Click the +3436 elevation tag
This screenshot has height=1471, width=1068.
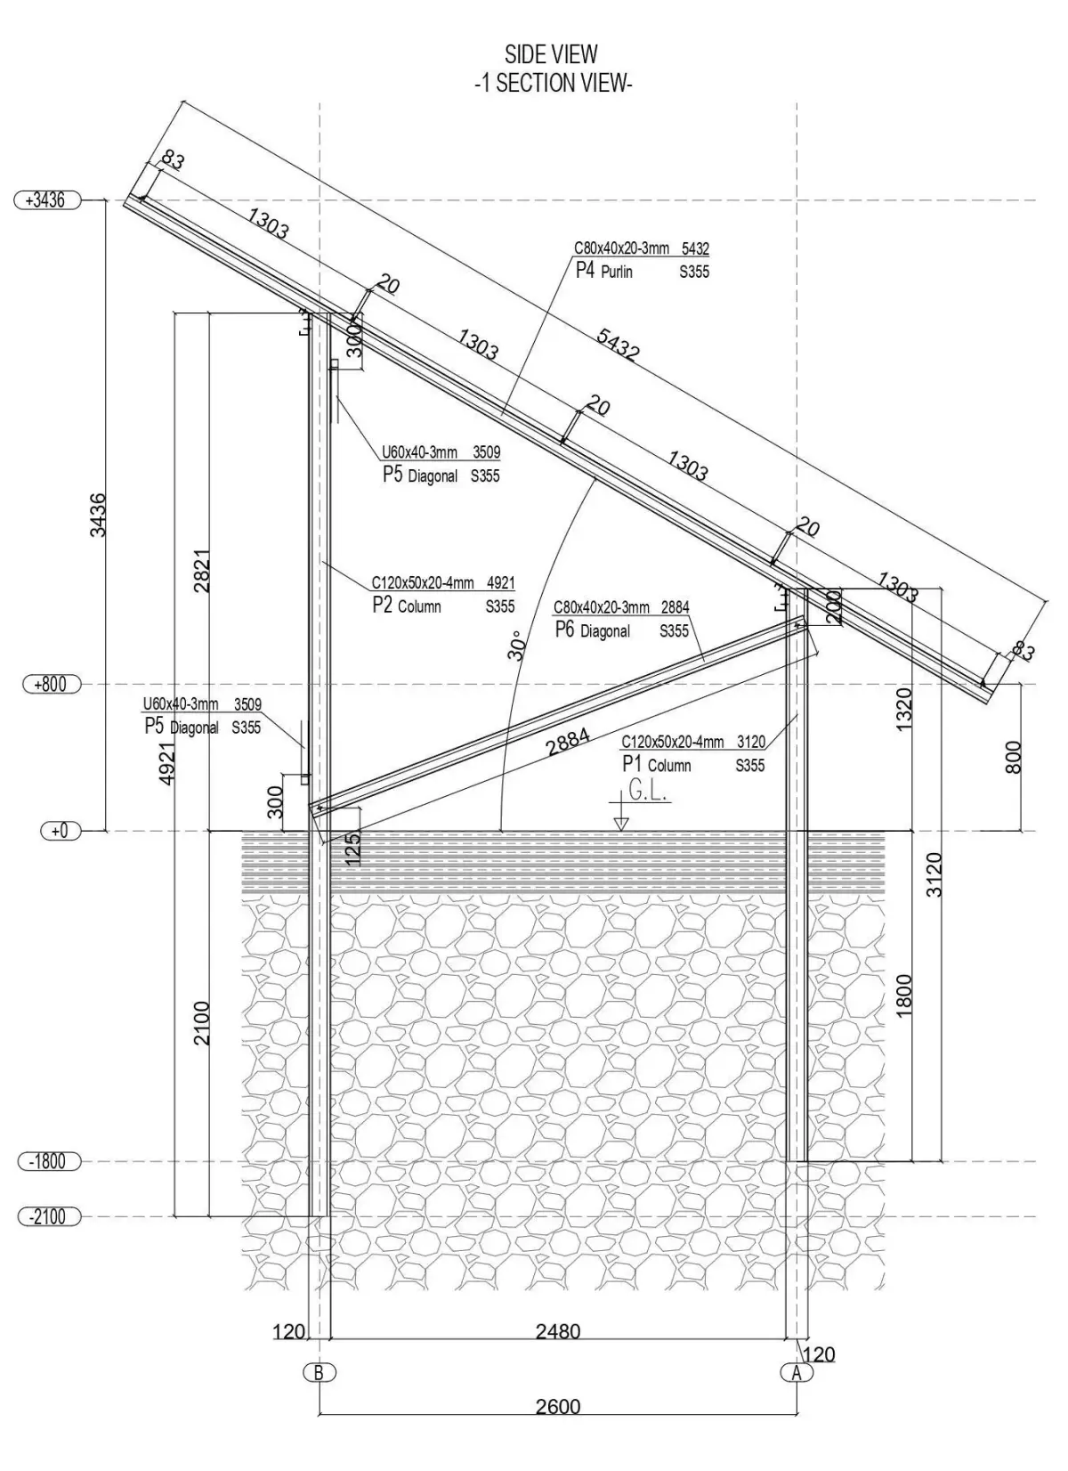click(x=47, y=200)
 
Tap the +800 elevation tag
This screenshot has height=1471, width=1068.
click(x=51, y=685)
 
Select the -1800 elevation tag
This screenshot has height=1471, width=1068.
click(x=48, y=1162)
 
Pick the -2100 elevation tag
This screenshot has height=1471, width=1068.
click(x=48, y=1216)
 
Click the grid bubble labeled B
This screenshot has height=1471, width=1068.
click(x=319, y=1372)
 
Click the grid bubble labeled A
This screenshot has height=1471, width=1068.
click(x=796, y=1372)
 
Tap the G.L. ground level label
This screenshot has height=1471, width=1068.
click(x=648, y=791)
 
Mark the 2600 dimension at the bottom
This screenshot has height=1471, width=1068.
click(x=558, y=1407)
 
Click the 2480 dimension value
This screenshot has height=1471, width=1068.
click(x=558, y=1331)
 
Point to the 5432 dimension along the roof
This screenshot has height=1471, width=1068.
click(x=618, y=344)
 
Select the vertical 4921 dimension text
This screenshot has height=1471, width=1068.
click(x=166, y=763)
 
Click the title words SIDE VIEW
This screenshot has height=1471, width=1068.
click(x=552, y=55)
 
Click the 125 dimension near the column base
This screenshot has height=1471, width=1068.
click(x=353, y=849)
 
